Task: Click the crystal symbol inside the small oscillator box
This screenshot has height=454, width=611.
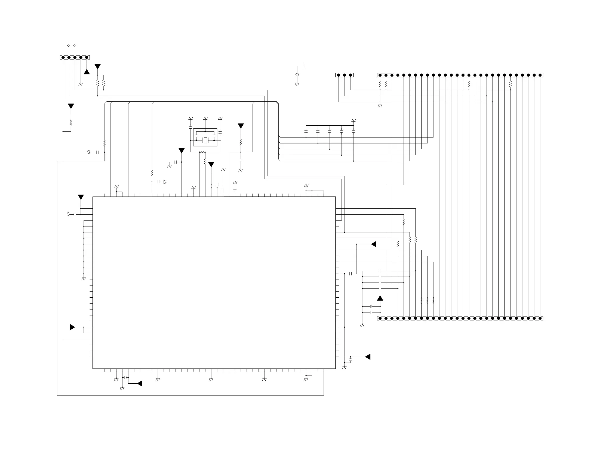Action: click(205, 140)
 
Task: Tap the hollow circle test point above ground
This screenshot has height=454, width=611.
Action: click(297, 75)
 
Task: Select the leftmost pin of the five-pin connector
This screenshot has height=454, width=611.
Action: click(63, 57)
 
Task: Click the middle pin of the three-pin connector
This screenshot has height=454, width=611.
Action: click(344, 75)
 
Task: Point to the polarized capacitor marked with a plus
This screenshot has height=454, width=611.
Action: click(372, 306)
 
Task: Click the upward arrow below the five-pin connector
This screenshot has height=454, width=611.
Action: click(87, 72)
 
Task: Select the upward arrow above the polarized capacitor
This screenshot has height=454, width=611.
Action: click(380, 298)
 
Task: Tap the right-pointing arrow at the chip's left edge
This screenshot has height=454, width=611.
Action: click(72, 327)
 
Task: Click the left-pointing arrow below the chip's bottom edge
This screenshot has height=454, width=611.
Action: click(140, 383)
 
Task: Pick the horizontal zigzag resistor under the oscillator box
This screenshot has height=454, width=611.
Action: click(202, 152)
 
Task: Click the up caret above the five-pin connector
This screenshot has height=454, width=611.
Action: click(68, 45)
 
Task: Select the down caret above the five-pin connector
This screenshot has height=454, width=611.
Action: click(74, 45)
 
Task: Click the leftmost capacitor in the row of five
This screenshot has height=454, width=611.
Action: click(306, 131)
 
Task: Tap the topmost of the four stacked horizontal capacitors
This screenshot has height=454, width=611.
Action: click(380, 271)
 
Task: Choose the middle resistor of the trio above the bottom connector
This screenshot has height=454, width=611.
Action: click(427, 300)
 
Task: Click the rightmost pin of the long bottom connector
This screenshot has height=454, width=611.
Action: click(540, 318)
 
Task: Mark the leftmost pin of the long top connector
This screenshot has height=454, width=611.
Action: click(380, 75)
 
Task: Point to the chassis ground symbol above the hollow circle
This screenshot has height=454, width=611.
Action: click(304, 66)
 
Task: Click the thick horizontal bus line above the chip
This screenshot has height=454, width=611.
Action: click(192, 102)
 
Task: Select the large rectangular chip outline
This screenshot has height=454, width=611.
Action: click(214, 283)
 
